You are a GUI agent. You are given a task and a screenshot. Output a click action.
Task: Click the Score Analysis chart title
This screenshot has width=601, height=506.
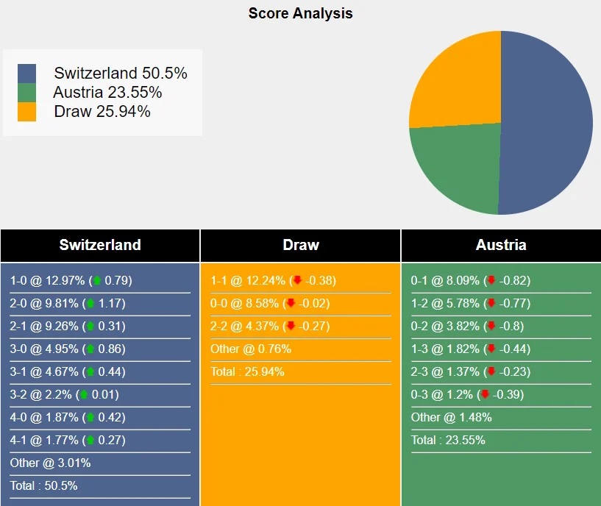[300, 13]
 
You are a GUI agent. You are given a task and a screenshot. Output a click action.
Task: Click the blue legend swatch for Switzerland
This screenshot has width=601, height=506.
[26, 74]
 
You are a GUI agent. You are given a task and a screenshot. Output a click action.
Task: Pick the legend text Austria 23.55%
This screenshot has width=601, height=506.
[107, 93]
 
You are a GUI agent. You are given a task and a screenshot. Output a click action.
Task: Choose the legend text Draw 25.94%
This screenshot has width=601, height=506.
[102, 112]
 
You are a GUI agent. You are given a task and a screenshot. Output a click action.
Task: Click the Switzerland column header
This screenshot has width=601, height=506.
[100, 246]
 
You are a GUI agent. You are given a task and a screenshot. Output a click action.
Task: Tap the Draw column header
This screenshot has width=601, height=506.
[300, 246]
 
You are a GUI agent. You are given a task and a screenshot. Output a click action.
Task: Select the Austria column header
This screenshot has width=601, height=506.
[501, 246]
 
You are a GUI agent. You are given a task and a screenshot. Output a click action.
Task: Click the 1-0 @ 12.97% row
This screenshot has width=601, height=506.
[71, 281]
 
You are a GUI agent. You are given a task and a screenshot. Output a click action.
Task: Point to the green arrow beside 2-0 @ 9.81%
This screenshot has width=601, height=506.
[91, 304]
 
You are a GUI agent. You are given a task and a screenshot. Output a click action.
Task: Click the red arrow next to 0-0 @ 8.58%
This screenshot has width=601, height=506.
[291, 304]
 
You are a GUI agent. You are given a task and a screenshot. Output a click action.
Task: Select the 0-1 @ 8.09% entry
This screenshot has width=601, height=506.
[471, 281]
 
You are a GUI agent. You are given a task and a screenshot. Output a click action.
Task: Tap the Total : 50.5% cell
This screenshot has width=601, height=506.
[44, 486]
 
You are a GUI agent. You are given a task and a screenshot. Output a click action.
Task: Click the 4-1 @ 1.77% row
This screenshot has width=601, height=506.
[68, 441]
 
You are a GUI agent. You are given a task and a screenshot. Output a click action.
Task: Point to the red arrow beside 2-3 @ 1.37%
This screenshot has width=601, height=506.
[491, 372]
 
